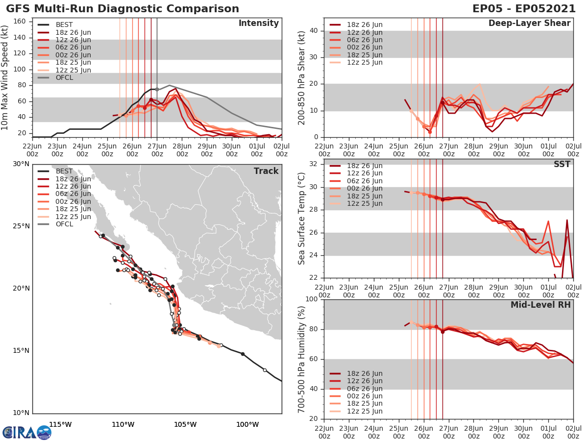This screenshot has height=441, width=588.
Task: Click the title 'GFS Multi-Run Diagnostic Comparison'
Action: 122,9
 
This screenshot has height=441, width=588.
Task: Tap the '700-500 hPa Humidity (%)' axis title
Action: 302,359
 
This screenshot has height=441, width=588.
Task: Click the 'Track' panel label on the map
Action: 266,171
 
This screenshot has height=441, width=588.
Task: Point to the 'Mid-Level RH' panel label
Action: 540,305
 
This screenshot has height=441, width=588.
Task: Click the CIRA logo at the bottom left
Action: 26,432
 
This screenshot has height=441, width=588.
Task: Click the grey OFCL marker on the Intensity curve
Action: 157,89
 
